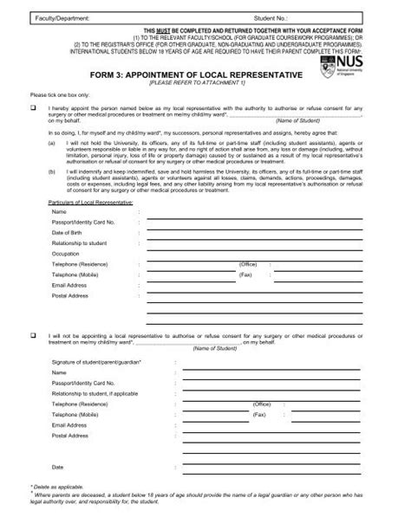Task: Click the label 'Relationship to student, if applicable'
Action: coord(97,394)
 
